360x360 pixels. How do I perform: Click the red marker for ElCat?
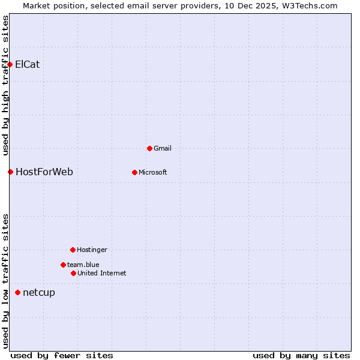[x=10, y=65]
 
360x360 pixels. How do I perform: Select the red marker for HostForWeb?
[x=10, y=172]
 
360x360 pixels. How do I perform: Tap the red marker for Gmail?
[x=149, y=148]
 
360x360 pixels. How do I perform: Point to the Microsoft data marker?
[x=134, y=172]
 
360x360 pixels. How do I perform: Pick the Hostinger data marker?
[x=73, y=250]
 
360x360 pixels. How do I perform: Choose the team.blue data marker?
[x=63, y=265]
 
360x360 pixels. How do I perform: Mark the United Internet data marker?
[x=73, y=273]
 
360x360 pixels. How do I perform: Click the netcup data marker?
[x=17, y=293]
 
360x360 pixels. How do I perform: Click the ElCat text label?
[x=28, y=65]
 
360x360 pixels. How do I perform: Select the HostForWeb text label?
[x=44, y=172]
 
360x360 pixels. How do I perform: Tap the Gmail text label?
[x=163, y=148]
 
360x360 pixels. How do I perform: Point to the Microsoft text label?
[x=153, y=173]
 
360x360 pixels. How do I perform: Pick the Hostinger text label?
[x=92, y=250]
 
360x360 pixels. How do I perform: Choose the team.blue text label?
[x=83, y=265]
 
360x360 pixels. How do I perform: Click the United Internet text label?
[x=102, y=274]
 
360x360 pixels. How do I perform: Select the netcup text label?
[x=39, y=293]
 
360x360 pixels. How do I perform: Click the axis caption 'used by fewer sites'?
[x=62, y=355]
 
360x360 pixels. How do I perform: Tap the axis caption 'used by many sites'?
[x=301, y=355]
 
